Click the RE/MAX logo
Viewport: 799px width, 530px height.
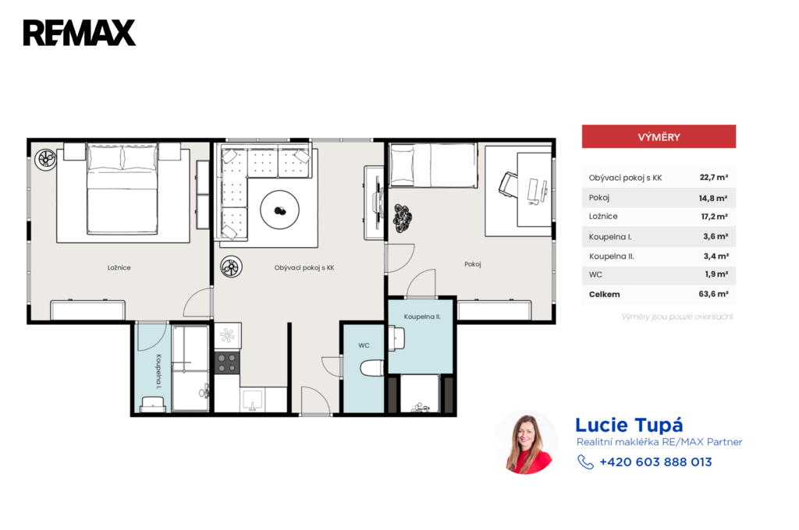pos(80,33)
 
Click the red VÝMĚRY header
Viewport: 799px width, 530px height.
pos(659,136)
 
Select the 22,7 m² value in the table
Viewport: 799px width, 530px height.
pos(713,177)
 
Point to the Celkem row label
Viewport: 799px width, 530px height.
pos(605,295)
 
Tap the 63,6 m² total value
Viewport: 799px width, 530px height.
pos(713,294)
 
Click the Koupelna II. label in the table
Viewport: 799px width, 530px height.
pos(612,256)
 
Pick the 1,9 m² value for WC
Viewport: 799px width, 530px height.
pos(716,274)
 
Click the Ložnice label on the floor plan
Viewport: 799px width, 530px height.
pos(119,267)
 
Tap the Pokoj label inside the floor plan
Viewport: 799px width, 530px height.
pos(472,263)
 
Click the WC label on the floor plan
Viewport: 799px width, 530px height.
pos(364,345)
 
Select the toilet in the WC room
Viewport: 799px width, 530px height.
pos(372,368)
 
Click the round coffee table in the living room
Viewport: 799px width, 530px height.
pos(280,210)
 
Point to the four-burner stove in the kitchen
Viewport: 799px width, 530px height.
pos(227,362)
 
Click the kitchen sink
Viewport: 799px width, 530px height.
pos(252,400)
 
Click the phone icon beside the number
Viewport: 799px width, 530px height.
pos(585,461)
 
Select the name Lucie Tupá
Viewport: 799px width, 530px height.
pos(629,425)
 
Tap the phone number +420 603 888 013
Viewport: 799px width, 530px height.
pos(655,461)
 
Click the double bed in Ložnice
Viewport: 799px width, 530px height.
pos(123,189)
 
